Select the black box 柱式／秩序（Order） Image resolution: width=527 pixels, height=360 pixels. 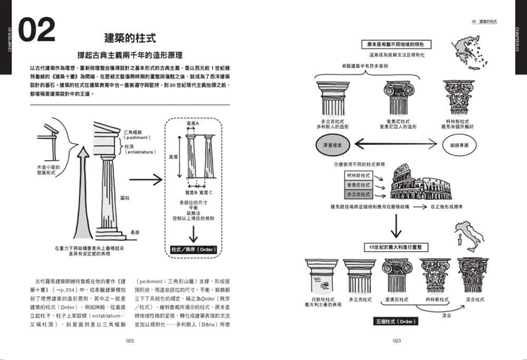190,250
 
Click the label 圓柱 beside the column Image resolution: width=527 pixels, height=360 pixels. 125,197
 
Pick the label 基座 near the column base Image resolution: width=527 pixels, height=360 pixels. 135,232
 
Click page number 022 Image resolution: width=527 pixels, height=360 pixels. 130,341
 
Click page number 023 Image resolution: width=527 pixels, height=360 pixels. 397,341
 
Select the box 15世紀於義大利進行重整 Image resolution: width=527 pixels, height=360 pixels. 396,246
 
